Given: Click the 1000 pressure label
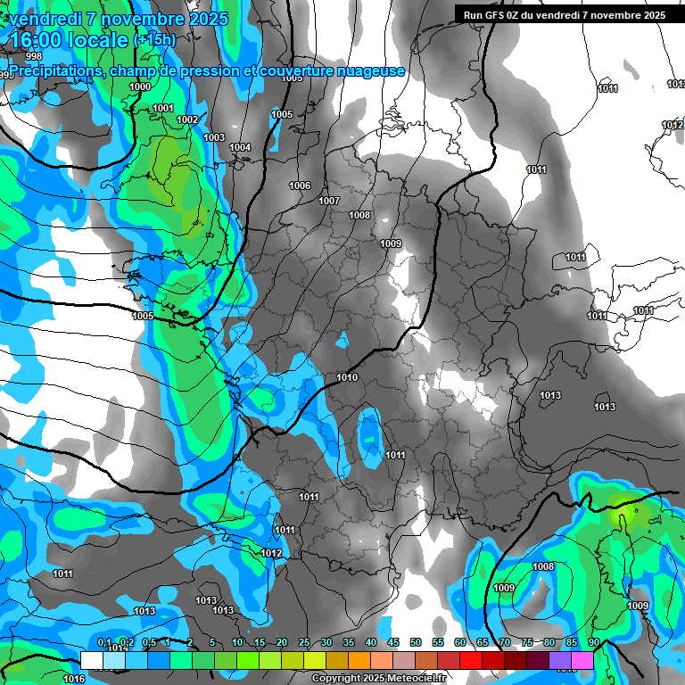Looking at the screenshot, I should (140, 87).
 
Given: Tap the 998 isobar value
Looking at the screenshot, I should (34, 81).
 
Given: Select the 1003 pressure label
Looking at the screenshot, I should (214, 137).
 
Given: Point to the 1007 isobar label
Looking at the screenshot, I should (329, 201).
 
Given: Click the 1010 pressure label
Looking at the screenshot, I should (347, 378).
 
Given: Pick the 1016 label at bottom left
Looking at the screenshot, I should (75, 679).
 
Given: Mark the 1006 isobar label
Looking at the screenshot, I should (300, 186).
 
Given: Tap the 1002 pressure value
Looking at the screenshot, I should (187, 120).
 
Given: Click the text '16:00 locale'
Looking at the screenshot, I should (69, 40).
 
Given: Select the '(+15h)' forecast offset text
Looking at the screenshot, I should (155, 40).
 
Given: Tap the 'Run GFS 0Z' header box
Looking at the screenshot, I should (561, 14).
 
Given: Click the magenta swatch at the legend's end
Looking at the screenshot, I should (582, 659).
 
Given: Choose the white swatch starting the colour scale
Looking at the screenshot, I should (92, 659).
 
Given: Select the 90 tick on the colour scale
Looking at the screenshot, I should (594, 642).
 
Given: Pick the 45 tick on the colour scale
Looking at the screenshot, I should (393, 642).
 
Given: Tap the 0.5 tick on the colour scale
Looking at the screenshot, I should (148, 642).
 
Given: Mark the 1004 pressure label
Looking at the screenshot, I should (240, 147).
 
